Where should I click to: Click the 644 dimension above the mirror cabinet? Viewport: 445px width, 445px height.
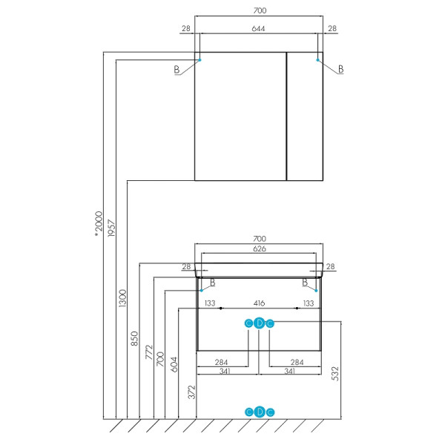click(x=258, y=28)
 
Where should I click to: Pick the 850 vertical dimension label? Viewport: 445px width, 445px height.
click(x=135, y=338)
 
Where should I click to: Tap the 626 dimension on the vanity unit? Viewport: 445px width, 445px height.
click(x=258, y=248)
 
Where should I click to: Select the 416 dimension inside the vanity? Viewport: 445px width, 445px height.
click(x=258, y=303)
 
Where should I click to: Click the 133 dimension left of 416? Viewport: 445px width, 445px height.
click(x=210, y=303)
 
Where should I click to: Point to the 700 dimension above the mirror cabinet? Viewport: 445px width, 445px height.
click(x=258, y=10)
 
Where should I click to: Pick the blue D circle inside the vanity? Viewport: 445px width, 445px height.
click(x=259, y=323)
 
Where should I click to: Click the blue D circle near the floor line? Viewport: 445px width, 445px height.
click(x=259, y=412)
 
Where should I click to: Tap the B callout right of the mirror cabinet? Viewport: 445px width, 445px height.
click(x=340, y=69)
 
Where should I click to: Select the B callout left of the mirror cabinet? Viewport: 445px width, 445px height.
click(x=177, y=69)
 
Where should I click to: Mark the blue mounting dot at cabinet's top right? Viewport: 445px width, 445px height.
click(x=319, y=59)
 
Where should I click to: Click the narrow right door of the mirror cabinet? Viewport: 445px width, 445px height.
click(x=305, y=116)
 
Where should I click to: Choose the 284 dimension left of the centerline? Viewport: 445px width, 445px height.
click(x=220, y=362)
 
